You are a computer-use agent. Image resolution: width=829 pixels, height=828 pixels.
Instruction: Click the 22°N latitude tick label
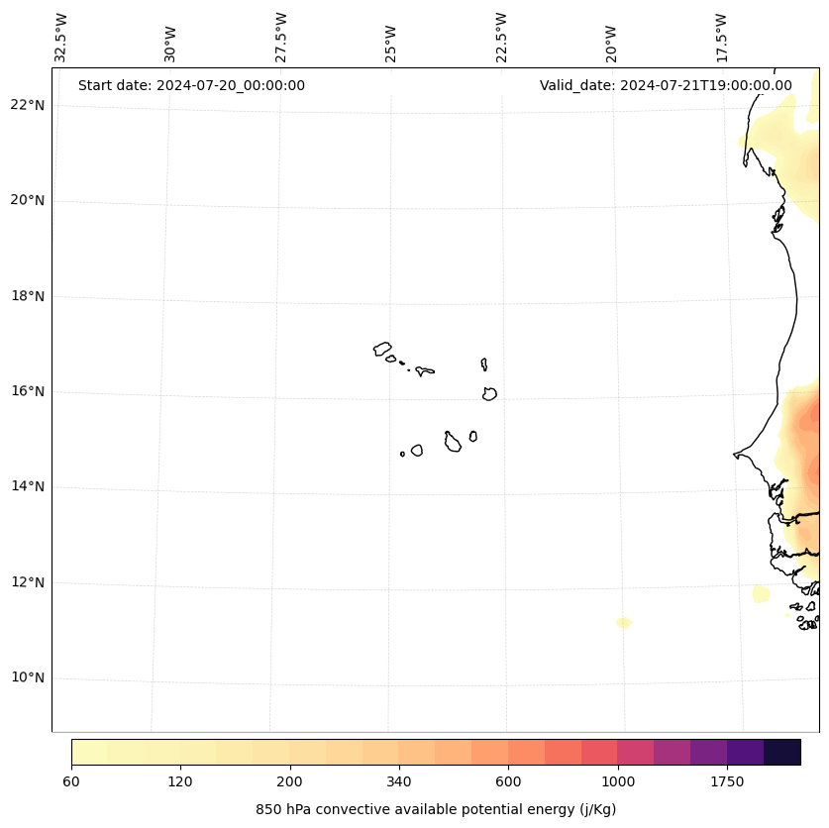tap(27, 105)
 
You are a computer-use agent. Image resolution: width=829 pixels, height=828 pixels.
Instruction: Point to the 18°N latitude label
tap(27, 296)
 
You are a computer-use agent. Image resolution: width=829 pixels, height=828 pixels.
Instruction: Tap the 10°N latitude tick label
tap(27, 678)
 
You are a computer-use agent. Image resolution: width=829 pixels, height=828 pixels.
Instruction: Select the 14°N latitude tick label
tap(27, 487)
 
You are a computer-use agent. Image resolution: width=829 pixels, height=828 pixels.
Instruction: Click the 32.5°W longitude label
tap(61, 38)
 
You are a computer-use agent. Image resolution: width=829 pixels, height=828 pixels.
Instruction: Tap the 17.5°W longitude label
tap(722, 38)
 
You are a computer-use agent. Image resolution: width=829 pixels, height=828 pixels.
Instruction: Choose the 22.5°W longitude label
tap(501, 38)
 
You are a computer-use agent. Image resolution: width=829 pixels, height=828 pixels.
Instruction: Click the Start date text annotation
tap(191, 85)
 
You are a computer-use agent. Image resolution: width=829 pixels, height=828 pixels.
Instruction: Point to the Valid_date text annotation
tap(666, 85)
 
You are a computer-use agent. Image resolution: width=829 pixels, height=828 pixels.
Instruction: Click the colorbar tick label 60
tap(71, 782)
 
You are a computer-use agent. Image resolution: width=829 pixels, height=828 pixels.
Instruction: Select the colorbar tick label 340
tap(399, 782)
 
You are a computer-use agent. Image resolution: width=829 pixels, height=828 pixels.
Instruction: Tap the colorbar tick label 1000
tap(617, 782)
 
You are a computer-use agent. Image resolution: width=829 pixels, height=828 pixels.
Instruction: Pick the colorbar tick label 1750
tap(727, 782)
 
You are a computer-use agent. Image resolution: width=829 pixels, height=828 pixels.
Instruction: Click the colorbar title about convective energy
tap(436, 809)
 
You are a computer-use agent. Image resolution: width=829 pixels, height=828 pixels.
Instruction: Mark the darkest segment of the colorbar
tap(782, 752)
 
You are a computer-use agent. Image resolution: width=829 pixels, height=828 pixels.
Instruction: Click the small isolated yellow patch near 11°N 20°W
tap(623, 623)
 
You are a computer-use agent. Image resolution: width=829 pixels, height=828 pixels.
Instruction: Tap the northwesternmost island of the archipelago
tap(382, 349)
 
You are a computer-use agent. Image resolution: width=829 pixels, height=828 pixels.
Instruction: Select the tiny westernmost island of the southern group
tap(402, 454)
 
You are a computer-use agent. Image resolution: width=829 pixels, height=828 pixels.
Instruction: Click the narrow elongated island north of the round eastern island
tap(484, 364)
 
